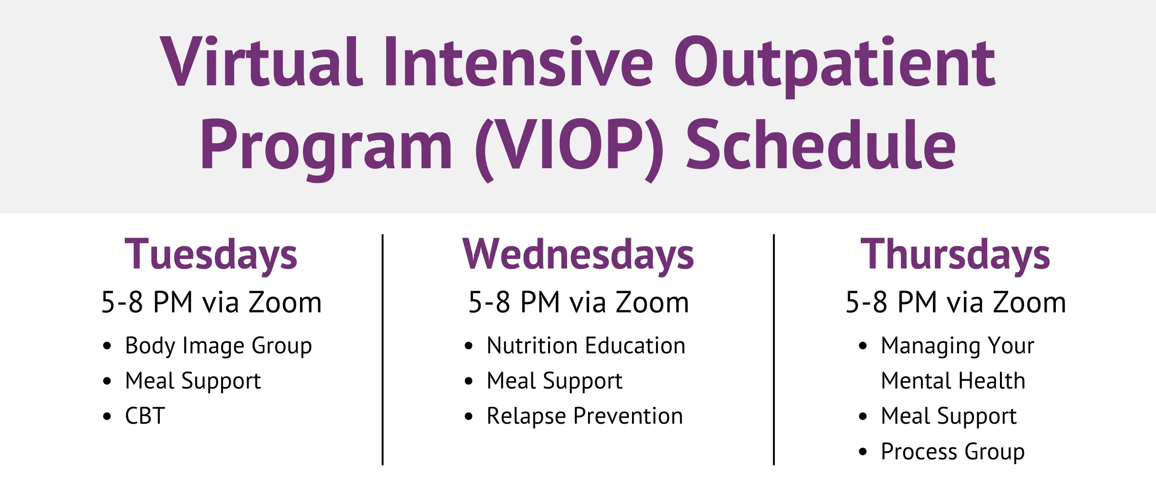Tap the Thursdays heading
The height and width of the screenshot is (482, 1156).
956,254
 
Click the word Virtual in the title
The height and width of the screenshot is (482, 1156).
261,62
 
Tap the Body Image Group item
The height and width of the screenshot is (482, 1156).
218,346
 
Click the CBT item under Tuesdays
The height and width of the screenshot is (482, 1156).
145,416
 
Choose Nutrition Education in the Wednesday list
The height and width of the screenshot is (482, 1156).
586,346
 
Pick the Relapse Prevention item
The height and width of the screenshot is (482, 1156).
585,416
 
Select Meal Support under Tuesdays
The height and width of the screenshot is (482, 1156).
193,381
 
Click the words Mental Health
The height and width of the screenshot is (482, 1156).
953,381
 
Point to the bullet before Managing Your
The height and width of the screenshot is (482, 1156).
863,346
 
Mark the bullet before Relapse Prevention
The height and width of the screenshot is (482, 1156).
469,416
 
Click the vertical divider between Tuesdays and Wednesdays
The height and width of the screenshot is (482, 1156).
382,349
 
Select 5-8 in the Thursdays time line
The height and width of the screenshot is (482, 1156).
866,303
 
